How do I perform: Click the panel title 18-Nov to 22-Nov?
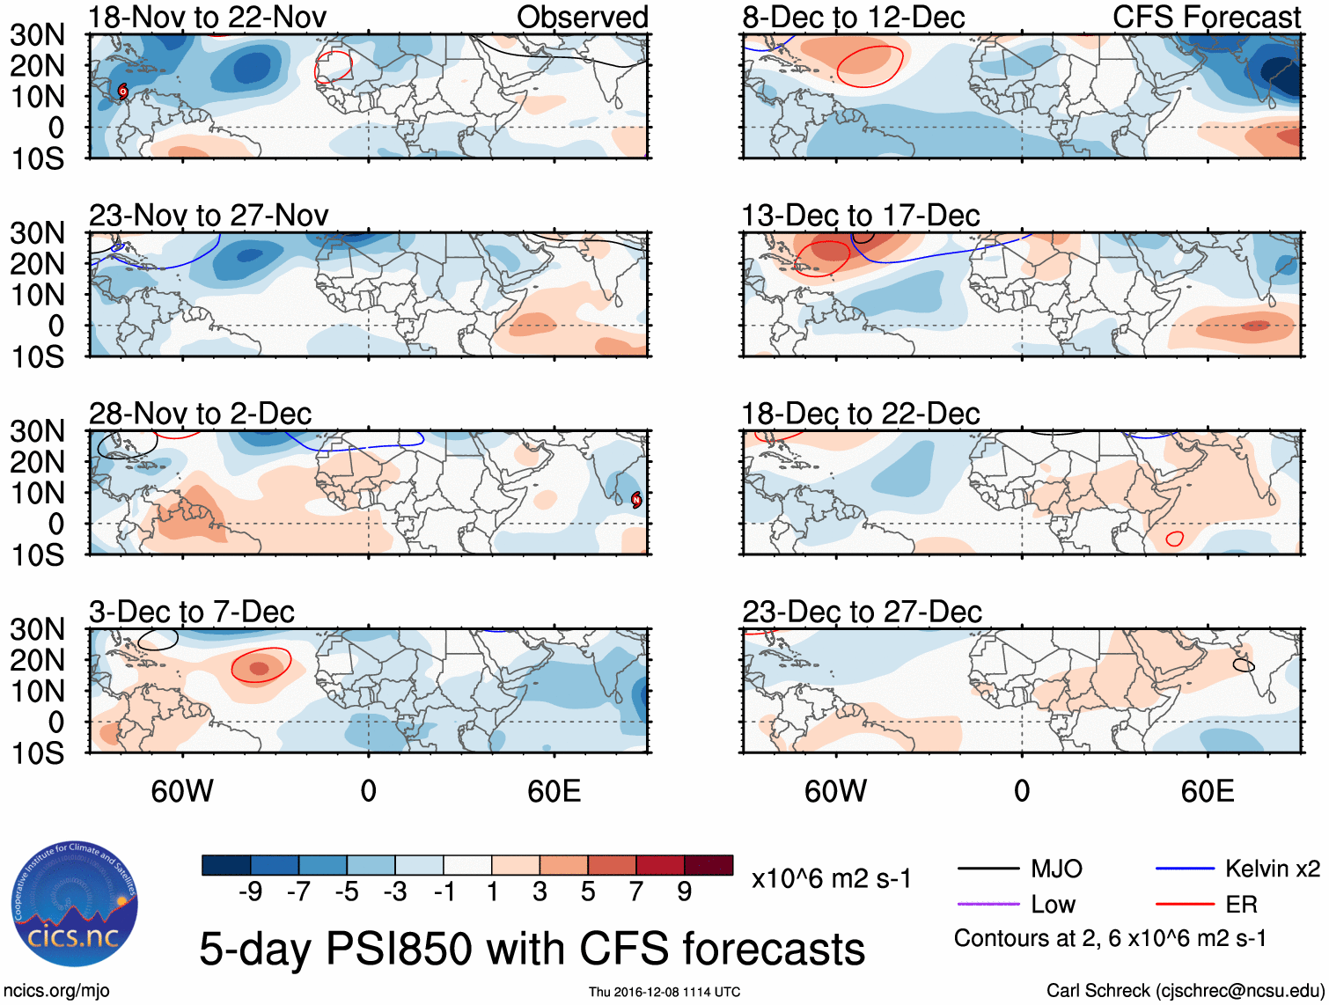pos(208,17)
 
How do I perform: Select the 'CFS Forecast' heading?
pos(1206,17)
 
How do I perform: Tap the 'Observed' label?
pos(582,17)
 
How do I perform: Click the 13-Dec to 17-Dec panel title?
pos(860,216)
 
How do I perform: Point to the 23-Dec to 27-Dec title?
pos(861,612)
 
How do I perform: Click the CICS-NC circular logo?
pos(75,904)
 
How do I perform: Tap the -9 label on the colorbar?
pos(251,892)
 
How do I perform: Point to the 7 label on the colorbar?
pos(636,892)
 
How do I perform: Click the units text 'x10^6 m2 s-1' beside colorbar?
pos(831,879)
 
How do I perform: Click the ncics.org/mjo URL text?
pos(56,991)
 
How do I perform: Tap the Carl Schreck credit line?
pos(1185,991)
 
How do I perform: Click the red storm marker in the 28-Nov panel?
pos(636,500)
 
